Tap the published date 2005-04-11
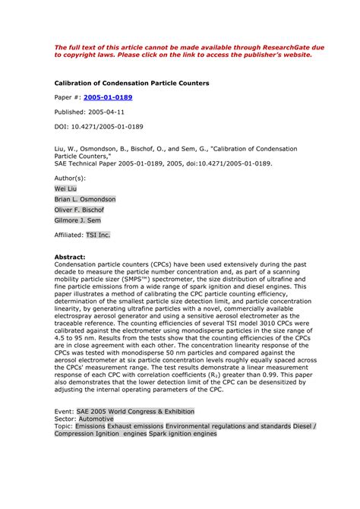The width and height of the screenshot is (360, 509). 115,112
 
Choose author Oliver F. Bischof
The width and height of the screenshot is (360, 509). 80,210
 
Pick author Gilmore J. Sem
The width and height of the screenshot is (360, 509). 78,221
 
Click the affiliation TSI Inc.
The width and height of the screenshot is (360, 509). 98,236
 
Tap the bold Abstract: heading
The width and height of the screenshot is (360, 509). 70,258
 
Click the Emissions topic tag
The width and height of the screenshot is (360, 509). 91,426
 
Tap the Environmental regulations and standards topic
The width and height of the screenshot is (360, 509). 228,426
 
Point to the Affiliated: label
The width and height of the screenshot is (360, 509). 68,236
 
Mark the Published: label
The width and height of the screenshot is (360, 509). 72,112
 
